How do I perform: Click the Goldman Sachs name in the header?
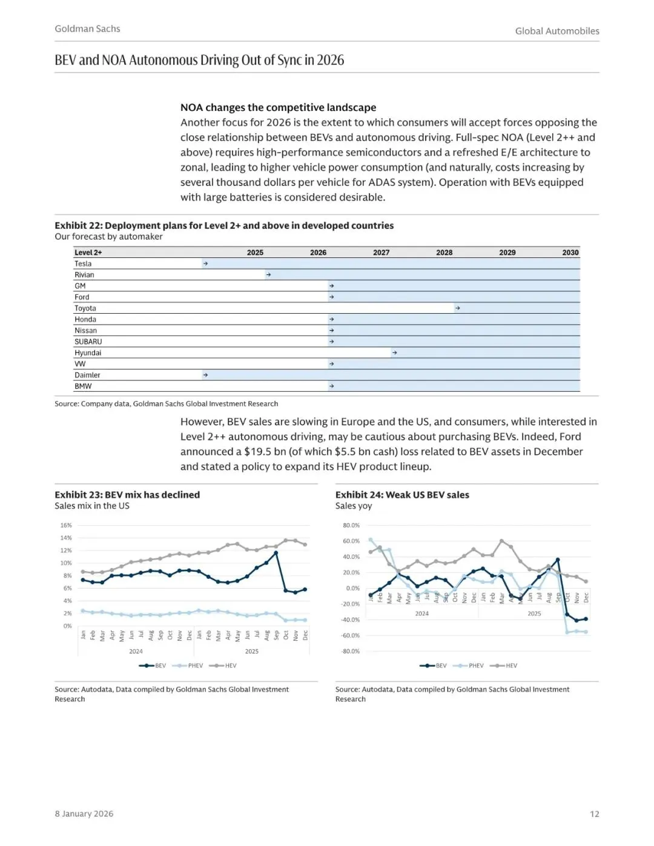(x=87, y=28)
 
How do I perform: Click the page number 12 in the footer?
(x=594, y=814)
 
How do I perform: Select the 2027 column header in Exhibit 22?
(x=381, y=253)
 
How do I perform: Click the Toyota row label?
(x=85, y=308)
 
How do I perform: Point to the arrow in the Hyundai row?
(x=394, y=352)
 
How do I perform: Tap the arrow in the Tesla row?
(x=206, y=263)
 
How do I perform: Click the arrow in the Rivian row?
(x=268, y=275)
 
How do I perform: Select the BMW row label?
(x=83, y=386)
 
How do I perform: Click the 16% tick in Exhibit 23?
(x=66, y=525)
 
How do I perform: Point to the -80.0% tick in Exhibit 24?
(x=351, y=651)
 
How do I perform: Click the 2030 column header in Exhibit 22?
(x=570, y=253)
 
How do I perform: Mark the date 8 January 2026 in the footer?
(x=84, y=814)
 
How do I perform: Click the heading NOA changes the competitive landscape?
(x=278, y=107)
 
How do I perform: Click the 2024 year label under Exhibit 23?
(x=136, y=652)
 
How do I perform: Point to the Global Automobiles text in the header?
(x=557, y=31)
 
